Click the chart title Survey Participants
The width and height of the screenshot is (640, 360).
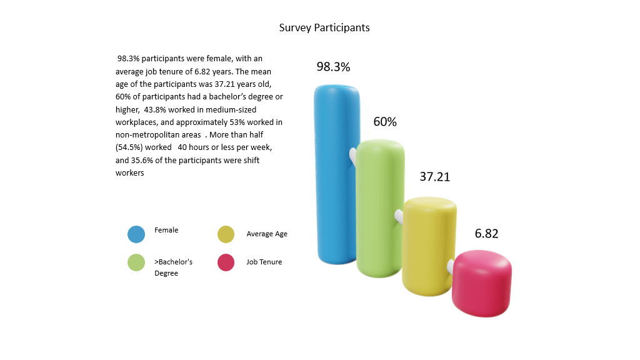[x=324, y=28]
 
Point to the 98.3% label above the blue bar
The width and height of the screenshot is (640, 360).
[x=333, y=67]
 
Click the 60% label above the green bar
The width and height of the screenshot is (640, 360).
[x=385, y=122]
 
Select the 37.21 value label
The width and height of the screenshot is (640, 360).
[x=434, y=177]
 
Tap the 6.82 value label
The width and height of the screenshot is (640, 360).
[x=486, y=234]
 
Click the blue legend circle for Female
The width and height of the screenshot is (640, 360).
[x=136, y=234]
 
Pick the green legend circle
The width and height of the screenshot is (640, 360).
[x=136, y=263]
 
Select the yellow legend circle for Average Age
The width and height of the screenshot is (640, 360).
[x=226, y=234]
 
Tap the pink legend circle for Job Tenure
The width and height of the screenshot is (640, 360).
[x=226, y=263]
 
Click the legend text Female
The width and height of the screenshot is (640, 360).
[x=166, y=230]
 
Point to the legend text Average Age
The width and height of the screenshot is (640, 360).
[x=267, y=234]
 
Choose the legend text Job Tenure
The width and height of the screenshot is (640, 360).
[x=264, y=262]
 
